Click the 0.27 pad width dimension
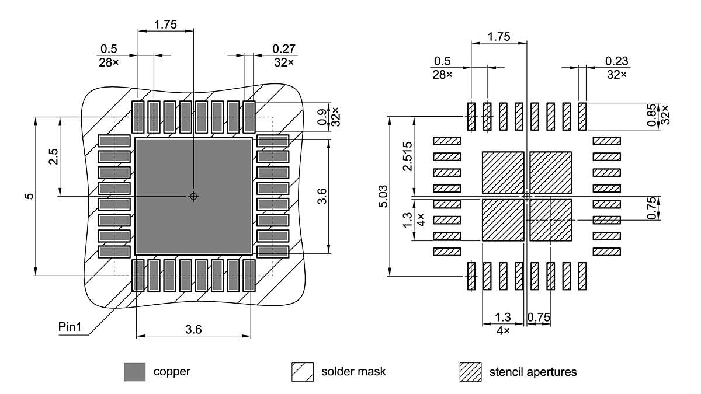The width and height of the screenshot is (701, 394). coord(283,48)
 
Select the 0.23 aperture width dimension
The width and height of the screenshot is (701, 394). coord(616,61)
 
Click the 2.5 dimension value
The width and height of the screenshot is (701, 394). coord(53,157)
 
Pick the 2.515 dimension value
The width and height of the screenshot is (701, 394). coord(408,156)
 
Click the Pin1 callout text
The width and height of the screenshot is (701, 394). coord(71,326)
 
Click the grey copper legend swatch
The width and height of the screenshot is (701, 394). coord(134,372)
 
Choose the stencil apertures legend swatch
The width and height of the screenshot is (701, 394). coord(471,372)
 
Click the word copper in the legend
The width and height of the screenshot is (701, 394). coord(172,371)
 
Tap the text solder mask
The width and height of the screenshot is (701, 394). coord(353,371)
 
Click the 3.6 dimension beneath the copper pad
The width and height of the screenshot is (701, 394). coord(193,329)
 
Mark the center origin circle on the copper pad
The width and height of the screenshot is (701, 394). coord(194,197)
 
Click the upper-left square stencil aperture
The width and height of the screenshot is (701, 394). coord(503,173)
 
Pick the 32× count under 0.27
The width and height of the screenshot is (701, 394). coord(283,62)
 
